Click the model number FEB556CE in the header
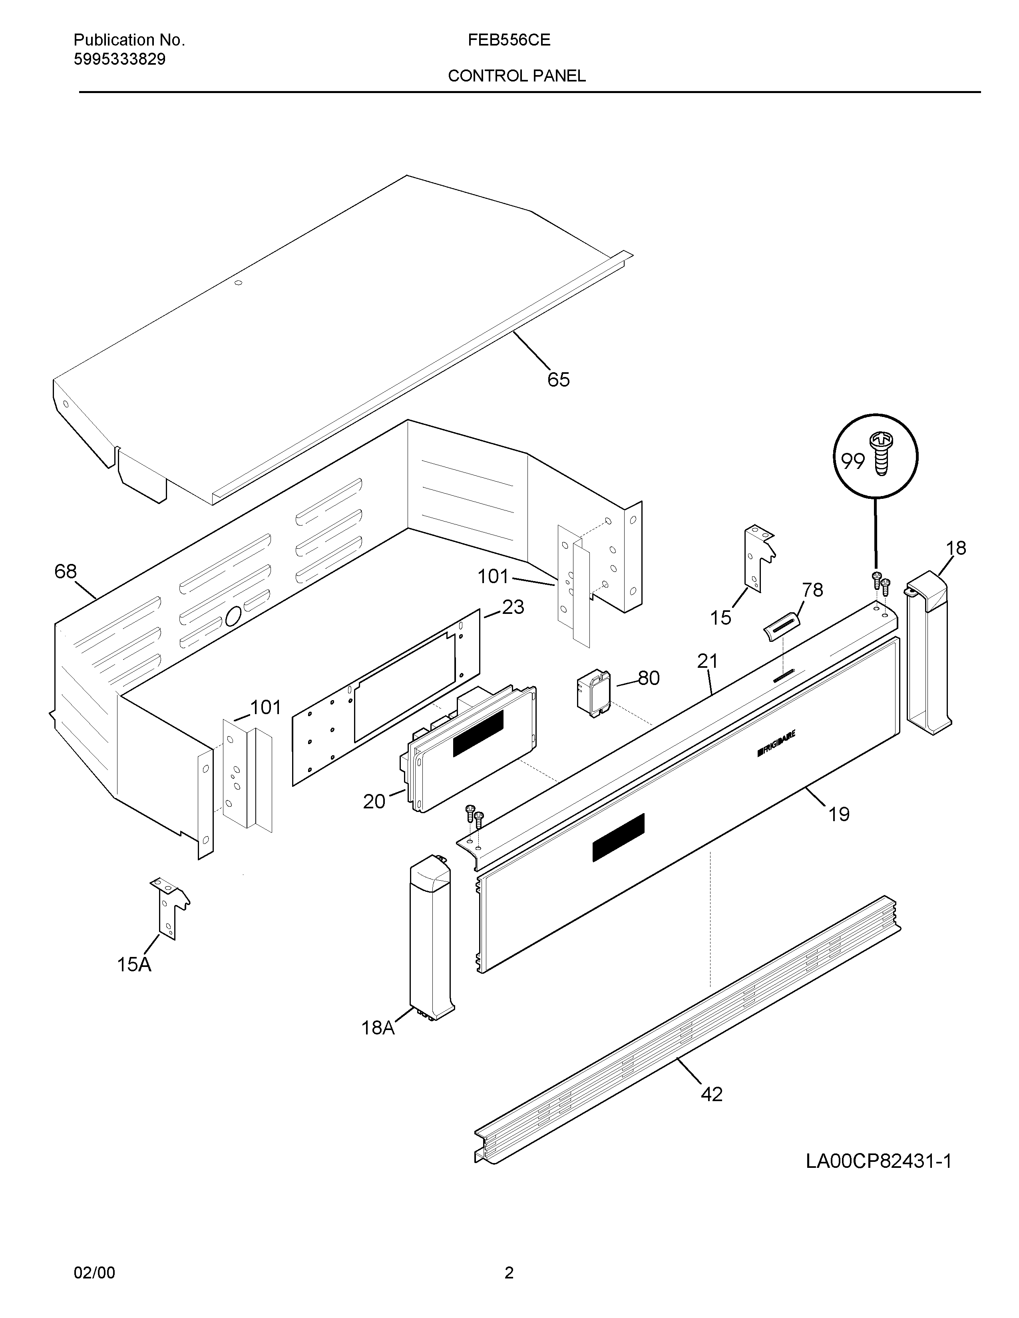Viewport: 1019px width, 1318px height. (508, 40)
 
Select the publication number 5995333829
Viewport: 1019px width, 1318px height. (119, 59)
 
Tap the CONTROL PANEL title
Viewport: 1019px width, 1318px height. (516, 76)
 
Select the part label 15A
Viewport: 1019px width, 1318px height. (134, 965)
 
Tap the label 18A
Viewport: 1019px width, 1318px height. (378, 1028)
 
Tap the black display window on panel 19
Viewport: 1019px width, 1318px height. (618, 837)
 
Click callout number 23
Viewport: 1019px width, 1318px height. (513, 607)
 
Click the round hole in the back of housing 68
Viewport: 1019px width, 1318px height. (233, 616)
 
